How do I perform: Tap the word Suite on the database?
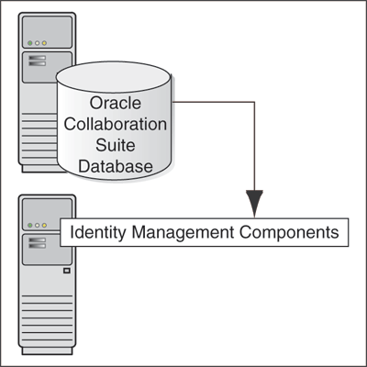pyautogui.click(x=117, y=143)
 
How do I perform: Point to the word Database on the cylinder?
pyautogui.click(x=117, y=165)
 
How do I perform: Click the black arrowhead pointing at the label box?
pyautogui.click(x=254, y=203)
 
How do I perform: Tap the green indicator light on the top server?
pyautogui.click(x=29, y=42)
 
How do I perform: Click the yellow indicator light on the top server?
pyautogui.click(x=45, y=42)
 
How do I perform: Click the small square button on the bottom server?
pyautogui.click(x=65, y=272)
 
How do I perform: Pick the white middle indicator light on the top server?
pyautogui.click(x=37, y=42)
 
